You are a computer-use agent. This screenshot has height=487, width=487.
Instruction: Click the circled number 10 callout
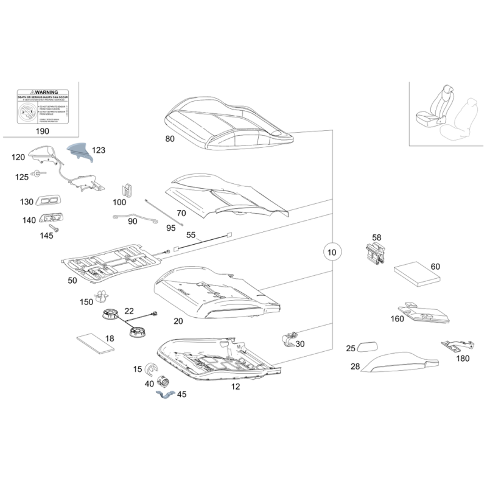pos(331,251)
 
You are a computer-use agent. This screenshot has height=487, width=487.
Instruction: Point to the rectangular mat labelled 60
pos(417,275)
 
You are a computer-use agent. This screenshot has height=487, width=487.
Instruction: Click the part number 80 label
pos(170,139)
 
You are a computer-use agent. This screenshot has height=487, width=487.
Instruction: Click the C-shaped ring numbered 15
pos(151,371)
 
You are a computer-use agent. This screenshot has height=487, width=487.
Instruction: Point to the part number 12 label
pos(236,386)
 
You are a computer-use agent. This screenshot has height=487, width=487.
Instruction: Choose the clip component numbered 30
pos(288,340)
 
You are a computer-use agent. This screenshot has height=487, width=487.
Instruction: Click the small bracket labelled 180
pos(452,347)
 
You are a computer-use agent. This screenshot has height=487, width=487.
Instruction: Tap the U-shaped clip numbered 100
pos(128,190)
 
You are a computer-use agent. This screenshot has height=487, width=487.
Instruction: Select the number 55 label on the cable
pos(191,235)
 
